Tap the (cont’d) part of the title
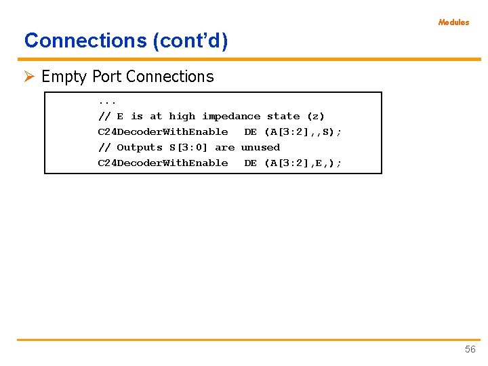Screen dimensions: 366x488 click(190, 41)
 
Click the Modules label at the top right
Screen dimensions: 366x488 click(453, 22)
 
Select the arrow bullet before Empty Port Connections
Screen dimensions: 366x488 click(30, 77)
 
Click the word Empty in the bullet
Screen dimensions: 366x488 click(64, 77)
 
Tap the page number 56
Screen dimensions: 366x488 click(470, 349)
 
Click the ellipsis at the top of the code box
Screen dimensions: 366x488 click(107, 101)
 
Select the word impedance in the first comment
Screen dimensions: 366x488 click(231, 116)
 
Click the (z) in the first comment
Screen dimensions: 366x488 click(316, 116)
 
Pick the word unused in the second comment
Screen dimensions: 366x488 click(260, 147)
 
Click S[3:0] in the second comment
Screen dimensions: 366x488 click(188, 147)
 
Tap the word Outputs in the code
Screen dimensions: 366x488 click(140, 147)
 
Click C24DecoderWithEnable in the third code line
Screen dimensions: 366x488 click(163, 131)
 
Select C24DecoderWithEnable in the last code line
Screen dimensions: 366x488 click(163, 163)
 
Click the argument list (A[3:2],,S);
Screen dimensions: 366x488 click(303, 131)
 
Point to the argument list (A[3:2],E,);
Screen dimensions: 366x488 click(303, 163)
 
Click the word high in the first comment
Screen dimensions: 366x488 click(182, 116)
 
